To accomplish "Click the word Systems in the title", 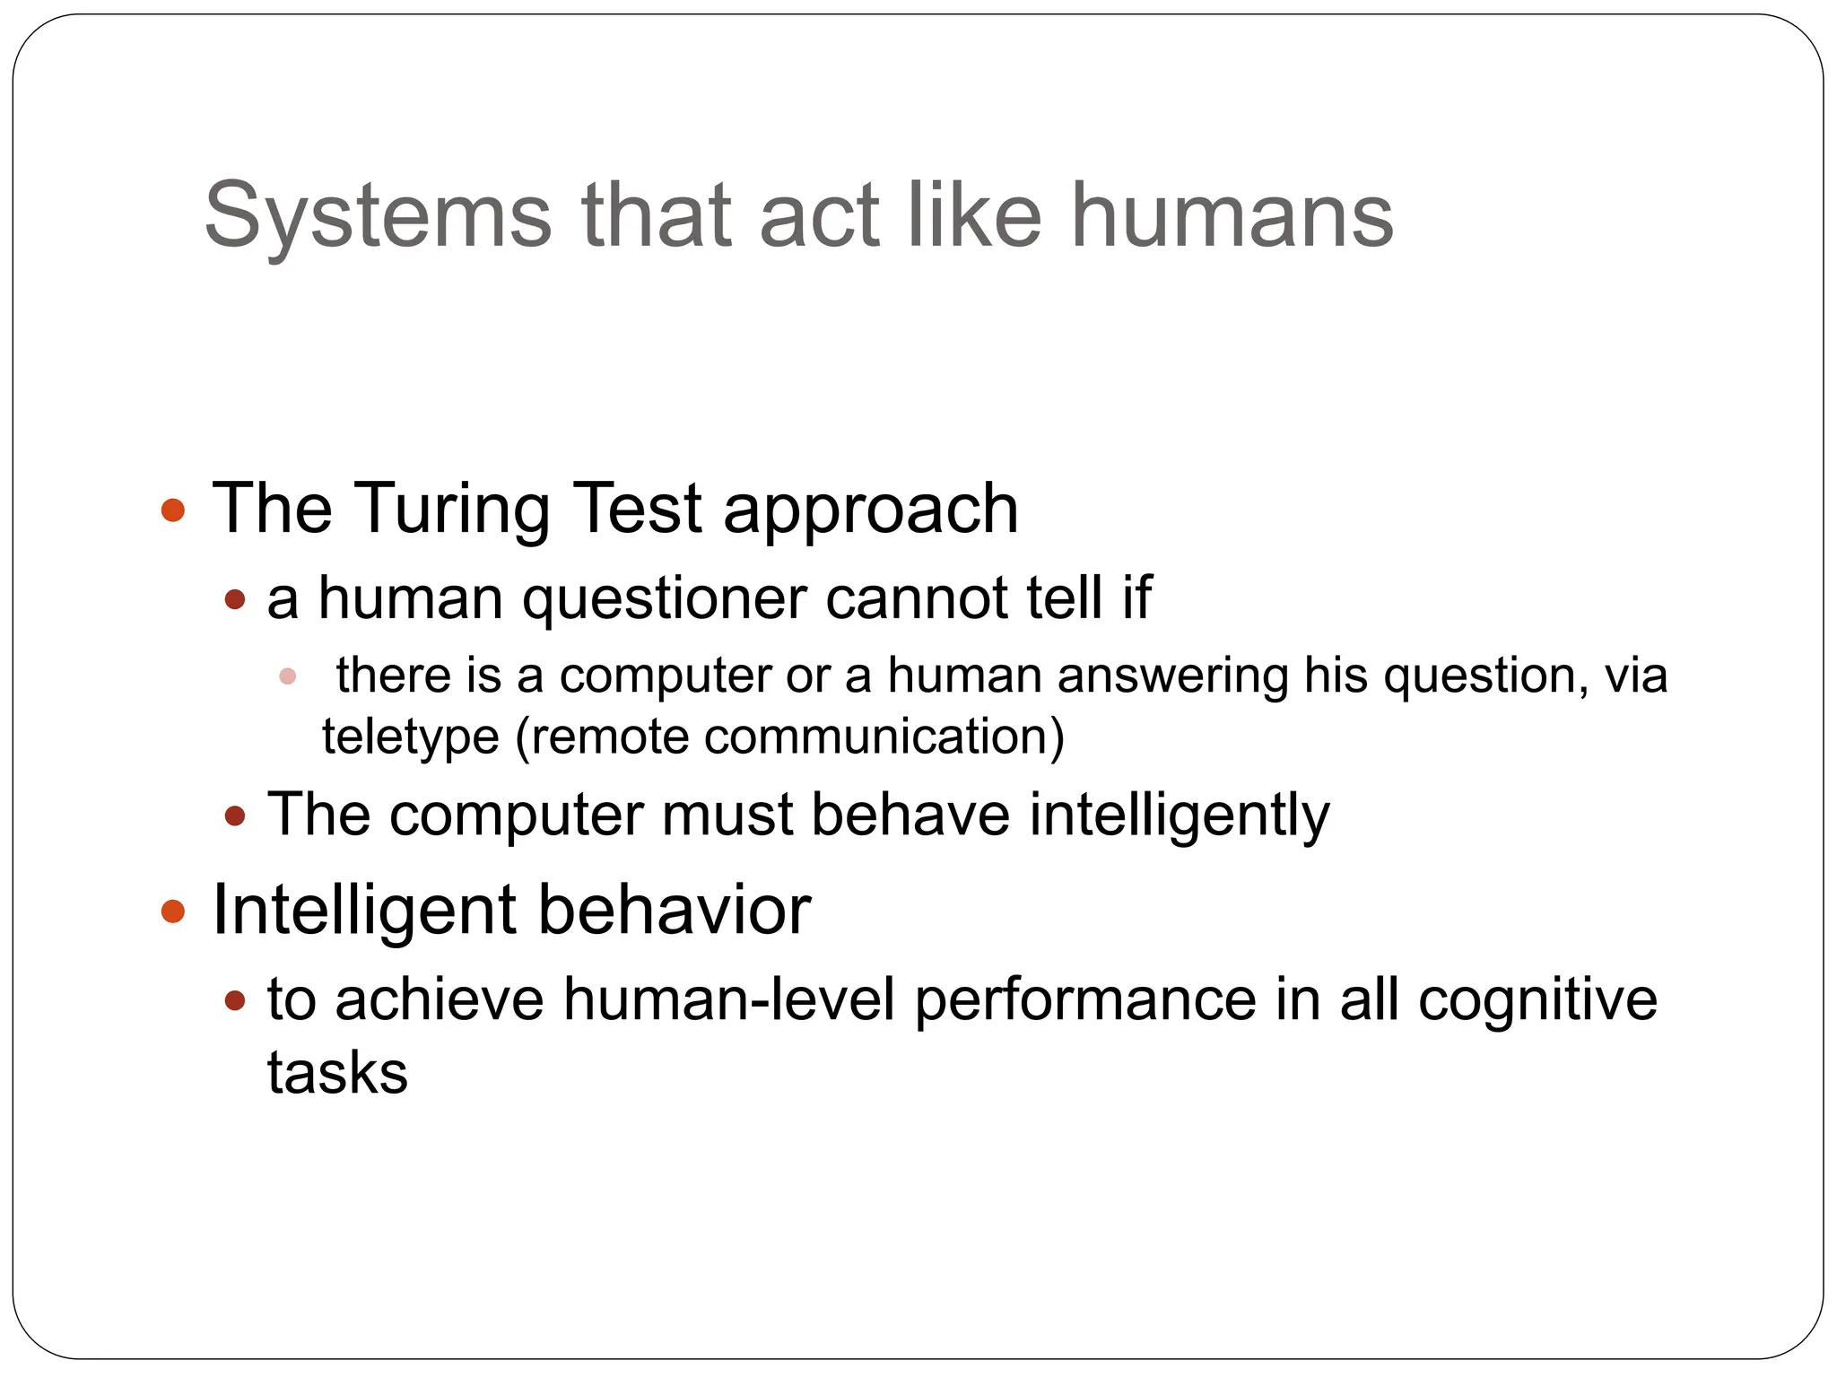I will [x=378, y=215].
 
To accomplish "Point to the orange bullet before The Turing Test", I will [x=173, y=511].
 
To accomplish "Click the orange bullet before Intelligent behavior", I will [x=173, y=912].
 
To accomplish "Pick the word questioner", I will [x=665, y=599].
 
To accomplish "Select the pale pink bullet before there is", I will [x=288, y=676].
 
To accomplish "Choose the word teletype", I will [x=411, y=737].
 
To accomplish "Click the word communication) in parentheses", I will [x=884, y=737].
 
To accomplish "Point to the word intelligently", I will [x=1180, y=816].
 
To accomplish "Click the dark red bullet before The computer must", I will [x=235, y=816].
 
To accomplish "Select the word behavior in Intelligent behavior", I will [x=675, y=911].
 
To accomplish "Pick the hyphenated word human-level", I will [x=729, y=999].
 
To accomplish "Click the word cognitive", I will [x=1537, y=1001].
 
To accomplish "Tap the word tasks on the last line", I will [x=337, y=1073].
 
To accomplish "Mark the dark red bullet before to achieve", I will [x=235, y=1001].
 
